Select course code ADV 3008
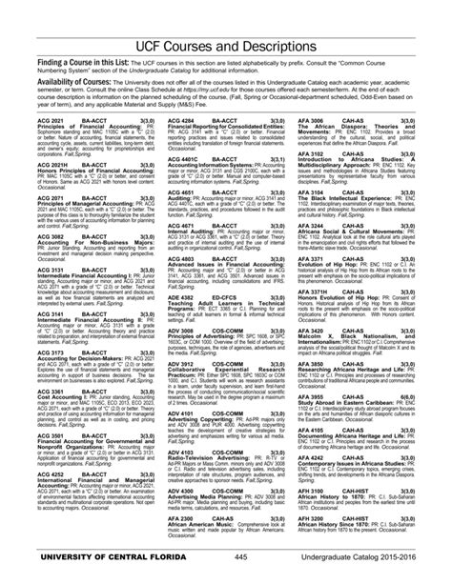[x=182, y=329]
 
